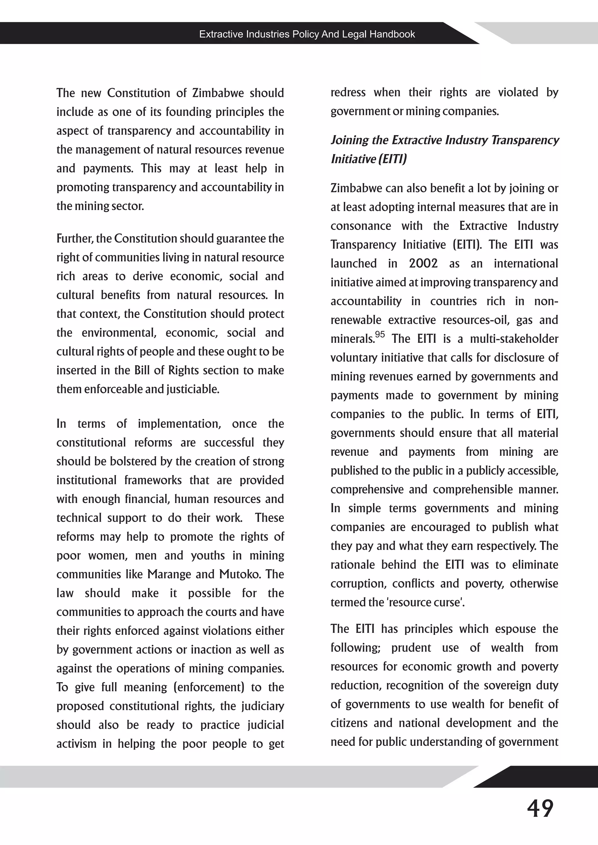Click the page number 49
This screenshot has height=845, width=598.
(x=540, y=809)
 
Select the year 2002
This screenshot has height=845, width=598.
(x=423, y=263)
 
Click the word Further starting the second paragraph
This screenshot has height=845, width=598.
(x=75, y=238)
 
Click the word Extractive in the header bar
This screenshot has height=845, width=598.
(x=221, y=34)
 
